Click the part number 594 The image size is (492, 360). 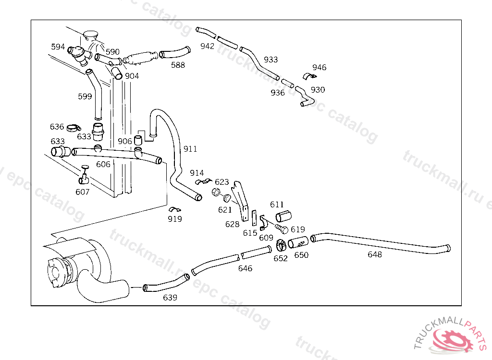58,47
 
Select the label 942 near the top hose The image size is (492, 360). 207,46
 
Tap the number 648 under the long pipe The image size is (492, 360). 375,254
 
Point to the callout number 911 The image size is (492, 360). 190,149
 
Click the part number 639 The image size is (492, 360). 170,298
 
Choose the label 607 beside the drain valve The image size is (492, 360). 83,192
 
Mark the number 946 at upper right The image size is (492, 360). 319,67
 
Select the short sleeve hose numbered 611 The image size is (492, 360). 284,216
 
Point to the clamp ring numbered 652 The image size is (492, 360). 282,245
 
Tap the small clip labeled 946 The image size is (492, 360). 309,75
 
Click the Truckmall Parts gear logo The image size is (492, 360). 451,339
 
